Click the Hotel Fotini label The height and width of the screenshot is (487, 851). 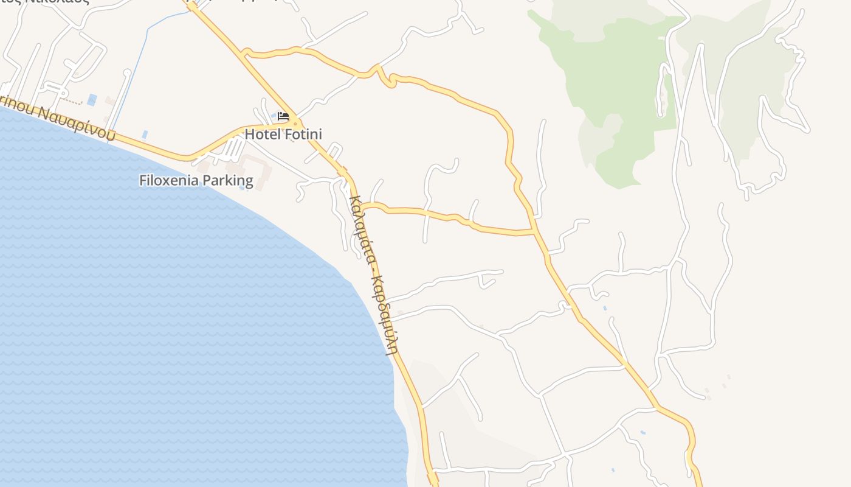pyautogui.click(x=283, y=135)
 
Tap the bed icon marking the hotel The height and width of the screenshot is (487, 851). pyautogui.click(x=283, y=116)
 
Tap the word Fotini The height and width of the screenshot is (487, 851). pyautogui.click(x=301, y=135)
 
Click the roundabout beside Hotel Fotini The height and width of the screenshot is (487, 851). pyautogui.click(x=294, y=121)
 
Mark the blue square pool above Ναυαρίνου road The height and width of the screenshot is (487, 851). pyautogui.click(x=92, y=99)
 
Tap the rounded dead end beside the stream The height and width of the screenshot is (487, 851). pyautogui.click(x=127, y=72)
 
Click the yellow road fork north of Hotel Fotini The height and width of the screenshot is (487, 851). pyautogui.click(x=244, y=54)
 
